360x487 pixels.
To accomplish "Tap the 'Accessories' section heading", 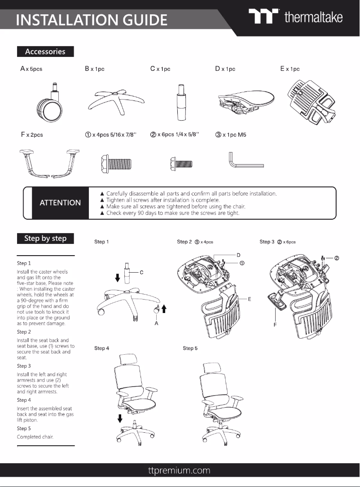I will coord(45,52).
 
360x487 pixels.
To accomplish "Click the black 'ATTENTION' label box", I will coord(60,203).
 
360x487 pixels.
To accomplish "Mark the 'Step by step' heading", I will coord(45,239).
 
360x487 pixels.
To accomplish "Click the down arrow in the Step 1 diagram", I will coord(118,278).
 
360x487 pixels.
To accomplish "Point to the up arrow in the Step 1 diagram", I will coord(163,308).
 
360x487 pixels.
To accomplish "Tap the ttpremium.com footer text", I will coord(180,470).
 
